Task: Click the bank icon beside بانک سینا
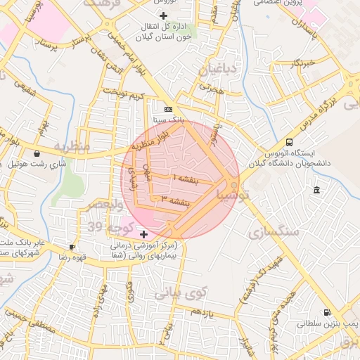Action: point(167,110)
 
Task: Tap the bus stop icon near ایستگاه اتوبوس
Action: point(290,141)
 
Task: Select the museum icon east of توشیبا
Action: point(317,191)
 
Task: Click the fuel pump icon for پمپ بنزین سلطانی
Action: point(327,312)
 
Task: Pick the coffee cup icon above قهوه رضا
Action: point(72,247)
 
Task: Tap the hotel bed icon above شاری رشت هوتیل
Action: point(37,153)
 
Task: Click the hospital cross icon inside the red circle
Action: point(144,233)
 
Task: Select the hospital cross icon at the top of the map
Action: point(164,15)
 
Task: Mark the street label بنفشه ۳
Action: point(176,202)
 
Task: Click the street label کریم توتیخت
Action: point(122,93)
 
